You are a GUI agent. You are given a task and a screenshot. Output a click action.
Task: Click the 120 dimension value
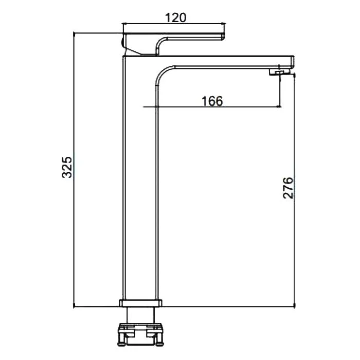[x=176, y=17]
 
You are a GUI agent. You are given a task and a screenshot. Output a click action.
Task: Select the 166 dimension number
[x=212, y=101]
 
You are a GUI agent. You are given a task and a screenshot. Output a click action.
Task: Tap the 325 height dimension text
[x=67, y=167]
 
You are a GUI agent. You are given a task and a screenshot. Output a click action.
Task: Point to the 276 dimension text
[x=288, y=188]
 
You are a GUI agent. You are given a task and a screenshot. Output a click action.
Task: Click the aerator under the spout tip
[x=279, y=73]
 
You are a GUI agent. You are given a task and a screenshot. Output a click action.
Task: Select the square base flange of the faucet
[x=140, y=303]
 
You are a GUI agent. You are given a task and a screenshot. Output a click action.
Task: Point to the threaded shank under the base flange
[x=140, y=315]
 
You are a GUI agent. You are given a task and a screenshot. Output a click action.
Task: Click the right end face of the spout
[x=293, y=62]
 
